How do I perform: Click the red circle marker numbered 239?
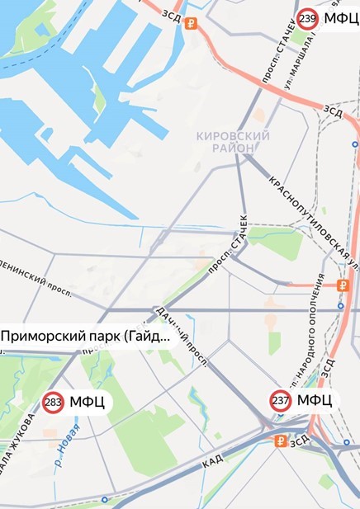coord(308,19)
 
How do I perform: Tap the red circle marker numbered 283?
coord(54,403)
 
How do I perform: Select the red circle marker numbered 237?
coord(281,401)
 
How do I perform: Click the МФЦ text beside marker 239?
coord(341,19)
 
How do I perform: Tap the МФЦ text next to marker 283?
coord(87,403)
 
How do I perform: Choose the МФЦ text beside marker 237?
coord(315,401)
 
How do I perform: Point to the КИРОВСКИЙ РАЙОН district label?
coord(234,142)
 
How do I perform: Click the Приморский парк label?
coord(85,337)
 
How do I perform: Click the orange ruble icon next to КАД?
coord(280,441)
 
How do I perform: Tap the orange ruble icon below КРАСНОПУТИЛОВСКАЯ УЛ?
coord(343,285)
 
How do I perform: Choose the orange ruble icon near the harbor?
coord(192,23)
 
